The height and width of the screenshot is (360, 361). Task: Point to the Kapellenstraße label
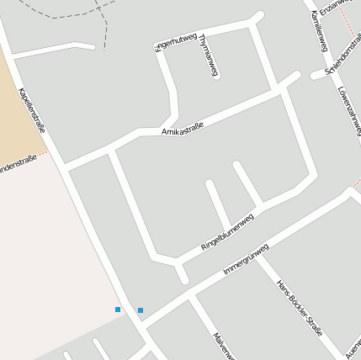(31, 110)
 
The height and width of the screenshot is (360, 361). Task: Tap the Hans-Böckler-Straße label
(300, 308)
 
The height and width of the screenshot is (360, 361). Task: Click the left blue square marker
(118, 310)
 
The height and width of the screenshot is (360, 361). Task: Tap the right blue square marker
(141, 310)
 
